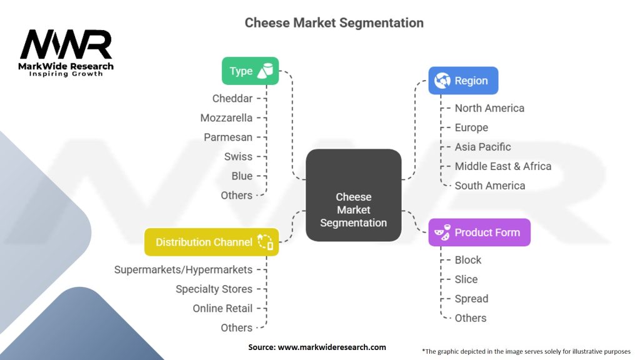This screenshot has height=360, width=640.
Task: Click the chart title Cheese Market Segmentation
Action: pyautogui.click(x=334, y=23)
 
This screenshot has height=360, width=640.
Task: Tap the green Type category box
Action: pyautogui.click(x=250, y=71)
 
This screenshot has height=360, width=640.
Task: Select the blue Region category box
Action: pyautogui.click(x=463, y=81)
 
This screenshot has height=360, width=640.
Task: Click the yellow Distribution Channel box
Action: pyautogui.click(x=211, y=242)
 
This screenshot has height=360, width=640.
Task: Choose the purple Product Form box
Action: pyautogui.click(x=479, y=232)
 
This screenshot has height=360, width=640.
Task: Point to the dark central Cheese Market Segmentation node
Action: pyautogui.click(x=353, y=196)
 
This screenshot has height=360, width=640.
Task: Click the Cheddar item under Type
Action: pyautogui.click(x=232, y=98)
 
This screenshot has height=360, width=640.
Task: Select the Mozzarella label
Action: pyautogui.click(x=226, y=117)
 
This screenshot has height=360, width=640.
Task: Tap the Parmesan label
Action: pyautogui.click(x=228, y=137)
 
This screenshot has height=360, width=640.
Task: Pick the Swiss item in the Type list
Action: pyautogui.click(x=238, y=156)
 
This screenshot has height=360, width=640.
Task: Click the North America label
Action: pyautogui.click(x=489, y=108)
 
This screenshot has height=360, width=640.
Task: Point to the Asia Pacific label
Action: pyautogui.click(x=482, y=147)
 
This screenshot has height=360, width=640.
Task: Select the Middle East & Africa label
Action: pyautogui.click(x=502, y=166)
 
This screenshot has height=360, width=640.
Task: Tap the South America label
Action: pyautogui.click(x=489, y=186)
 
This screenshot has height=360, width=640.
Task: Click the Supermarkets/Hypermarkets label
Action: pyautogui.click(x=183, y=269)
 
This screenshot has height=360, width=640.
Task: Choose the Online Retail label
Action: pyautogui.click(x=222, y=308)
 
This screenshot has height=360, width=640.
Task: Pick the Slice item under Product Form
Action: pyautogui.click(x=466, y=279)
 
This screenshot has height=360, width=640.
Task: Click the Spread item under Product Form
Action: pyautogui.click(x=471, y=299)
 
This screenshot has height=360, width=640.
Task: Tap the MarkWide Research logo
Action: pyautogui.click(x=66, y=52)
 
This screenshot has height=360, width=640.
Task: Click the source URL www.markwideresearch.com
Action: pyautogui.click(x=331, y=347)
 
